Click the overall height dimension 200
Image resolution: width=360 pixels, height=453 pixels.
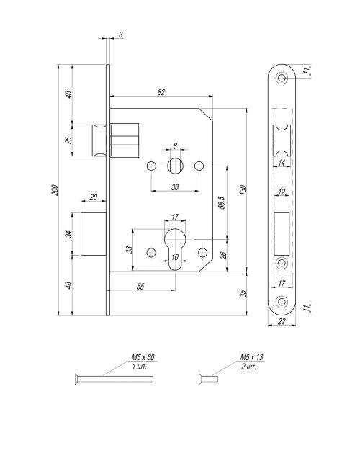pyautogui.click(x=55, y=190)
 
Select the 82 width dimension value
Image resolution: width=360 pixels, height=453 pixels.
pyautogui.click(x=161, y=92)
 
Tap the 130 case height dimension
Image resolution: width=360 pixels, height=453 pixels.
pyautogui.click(x=243, y=190)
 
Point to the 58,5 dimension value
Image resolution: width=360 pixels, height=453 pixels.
pyautogui.click(x=222, y=202)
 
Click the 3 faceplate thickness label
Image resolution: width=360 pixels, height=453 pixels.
pyautogui.click(x=121, y=35)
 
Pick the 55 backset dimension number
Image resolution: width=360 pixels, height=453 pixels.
pyautogui.click(x=140, y=287)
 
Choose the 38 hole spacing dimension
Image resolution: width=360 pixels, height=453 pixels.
pyautogui.click(x=175, y=187)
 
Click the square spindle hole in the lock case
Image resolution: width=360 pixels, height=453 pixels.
pyautogui.click(x=175, y=166)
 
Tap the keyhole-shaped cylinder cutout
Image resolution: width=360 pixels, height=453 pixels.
pyautogui.click(x=175, y=248)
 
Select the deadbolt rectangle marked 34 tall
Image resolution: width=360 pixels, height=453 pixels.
pyautogui.click(x=94, y=234)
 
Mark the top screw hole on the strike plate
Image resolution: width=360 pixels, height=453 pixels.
pyautogui.click(x=282, y=78)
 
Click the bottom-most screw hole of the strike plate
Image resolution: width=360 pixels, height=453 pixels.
pyautogui.click(x=282, y=302)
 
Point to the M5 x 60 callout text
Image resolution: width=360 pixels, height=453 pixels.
pyautogui.click(x=143, y=357)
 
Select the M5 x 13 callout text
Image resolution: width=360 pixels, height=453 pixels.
pyautogui.click(x=252, y=357)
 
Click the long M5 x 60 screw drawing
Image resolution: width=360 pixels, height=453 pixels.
pyautogui.click(x=114, y=379)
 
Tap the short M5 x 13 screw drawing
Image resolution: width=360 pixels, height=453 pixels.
pyautogui.click(x=208, y=379)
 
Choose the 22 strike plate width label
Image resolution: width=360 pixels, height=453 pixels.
pyautogui.click(x=282, y=321)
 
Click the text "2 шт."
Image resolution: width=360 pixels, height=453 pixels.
pyautogui.click(x=248, y=367)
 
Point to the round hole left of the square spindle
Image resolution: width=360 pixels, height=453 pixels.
pyautogui.click(x=151, y=166)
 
